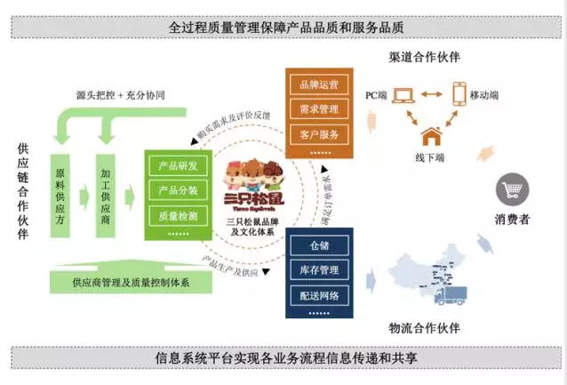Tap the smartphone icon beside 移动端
(459, 92)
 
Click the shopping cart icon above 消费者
(513, 189)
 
